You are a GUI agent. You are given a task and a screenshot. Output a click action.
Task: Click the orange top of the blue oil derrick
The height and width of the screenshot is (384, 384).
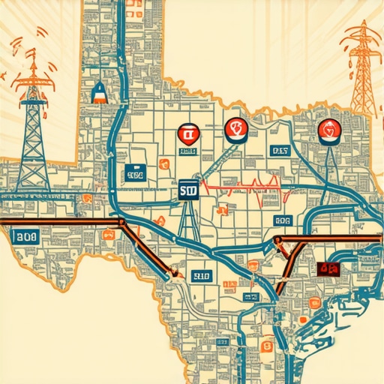[x=33, y=70]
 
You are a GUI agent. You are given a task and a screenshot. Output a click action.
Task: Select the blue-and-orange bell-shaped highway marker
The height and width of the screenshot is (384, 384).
[x=98, y=92]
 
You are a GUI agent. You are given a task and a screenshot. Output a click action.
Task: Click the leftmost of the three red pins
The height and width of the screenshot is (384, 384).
[x=186, y=135]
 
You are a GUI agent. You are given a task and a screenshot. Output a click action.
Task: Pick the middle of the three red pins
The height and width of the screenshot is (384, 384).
[x=235, y=130]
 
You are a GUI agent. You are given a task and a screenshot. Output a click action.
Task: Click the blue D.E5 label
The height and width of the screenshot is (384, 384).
[x=279, y=151]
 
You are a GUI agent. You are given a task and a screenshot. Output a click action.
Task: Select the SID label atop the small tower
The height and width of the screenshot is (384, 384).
[x=187, y=191]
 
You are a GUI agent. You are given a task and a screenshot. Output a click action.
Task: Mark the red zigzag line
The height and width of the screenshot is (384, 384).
[x=240, y=184]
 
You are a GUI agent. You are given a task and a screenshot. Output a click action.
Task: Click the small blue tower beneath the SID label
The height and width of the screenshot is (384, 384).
[x=187, y=221]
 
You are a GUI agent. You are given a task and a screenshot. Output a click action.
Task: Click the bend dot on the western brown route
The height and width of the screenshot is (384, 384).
[x=121, y=222]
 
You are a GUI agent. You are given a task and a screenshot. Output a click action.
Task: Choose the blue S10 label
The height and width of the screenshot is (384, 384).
[x=202, y=277]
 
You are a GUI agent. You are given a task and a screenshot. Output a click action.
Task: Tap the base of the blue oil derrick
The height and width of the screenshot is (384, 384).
[x=33, y=184]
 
